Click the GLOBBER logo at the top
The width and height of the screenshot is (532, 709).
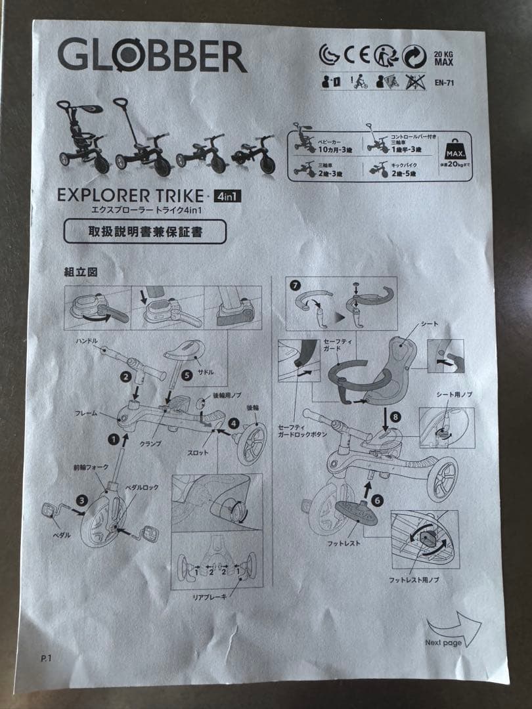(152, 55)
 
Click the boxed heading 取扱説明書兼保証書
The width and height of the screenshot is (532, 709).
(144, 231)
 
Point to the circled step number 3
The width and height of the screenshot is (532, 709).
(81, 500)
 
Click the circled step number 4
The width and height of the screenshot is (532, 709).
(234, 423)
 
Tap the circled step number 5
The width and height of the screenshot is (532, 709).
(187, 376)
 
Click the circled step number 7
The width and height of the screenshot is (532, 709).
(294, 286)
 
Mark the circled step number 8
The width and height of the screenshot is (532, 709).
(395, 416)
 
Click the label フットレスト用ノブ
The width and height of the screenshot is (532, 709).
(414, 580)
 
